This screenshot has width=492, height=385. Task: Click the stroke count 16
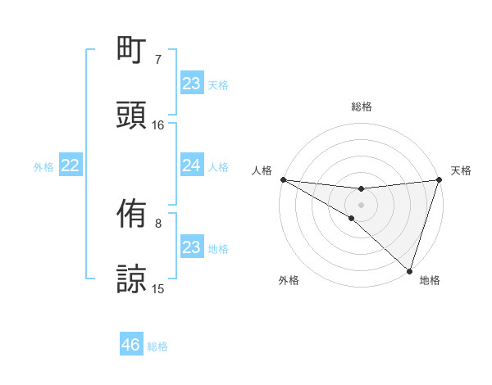point(158,125)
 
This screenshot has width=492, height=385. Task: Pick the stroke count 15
point(158,289)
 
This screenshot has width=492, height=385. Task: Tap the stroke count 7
point(158,59)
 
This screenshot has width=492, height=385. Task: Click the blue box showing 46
point(130,346)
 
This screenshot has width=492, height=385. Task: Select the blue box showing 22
point(70,166)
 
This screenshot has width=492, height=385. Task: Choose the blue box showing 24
point(191,166)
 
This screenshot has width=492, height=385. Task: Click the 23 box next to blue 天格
point(191,84)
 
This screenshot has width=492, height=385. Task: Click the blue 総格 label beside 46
point(158,346)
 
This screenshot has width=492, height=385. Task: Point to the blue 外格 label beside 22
point(43,167)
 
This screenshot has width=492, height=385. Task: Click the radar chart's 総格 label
point(362,106)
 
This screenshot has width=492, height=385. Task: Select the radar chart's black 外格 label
point(289,280)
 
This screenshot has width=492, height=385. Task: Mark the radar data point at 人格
point(283,179)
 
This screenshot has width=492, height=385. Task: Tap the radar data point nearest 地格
point(409,270)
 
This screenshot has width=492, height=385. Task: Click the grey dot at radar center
point(361,204)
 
